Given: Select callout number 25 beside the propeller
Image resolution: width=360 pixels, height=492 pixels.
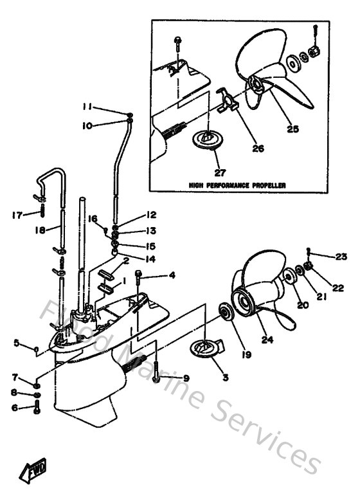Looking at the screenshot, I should pyautogui.click(x=292, y=129).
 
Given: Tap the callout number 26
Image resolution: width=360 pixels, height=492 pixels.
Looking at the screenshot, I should pyautogui.click(x=257, y=148).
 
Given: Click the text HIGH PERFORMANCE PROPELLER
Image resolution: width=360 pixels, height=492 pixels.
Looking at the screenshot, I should pyautogui.click(x=237, y=185).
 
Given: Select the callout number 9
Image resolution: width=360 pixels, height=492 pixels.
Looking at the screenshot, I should pyautogui.click(x=186, y=378).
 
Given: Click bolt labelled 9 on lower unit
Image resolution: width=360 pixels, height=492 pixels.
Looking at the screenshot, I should pyautogui.click(x=156, y=378).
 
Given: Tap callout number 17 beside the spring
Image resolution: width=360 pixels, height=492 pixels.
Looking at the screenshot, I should pyautogui.click(x=17, y=215).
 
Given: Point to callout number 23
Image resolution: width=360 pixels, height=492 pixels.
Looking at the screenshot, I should pyautogui.click(x=341, y=256).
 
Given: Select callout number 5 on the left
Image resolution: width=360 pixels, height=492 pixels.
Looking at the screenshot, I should pyautogui.click(x=16, y=343).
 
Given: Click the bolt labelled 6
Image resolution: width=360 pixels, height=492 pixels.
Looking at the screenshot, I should pyautogui.click(x=37, y=407).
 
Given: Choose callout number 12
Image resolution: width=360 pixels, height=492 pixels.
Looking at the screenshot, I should pyautogui.click(x=150, y=215).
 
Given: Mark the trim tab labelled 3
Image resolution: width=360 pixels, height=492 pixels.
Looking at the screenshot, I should pyautogui.click(x=205, y=348).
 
